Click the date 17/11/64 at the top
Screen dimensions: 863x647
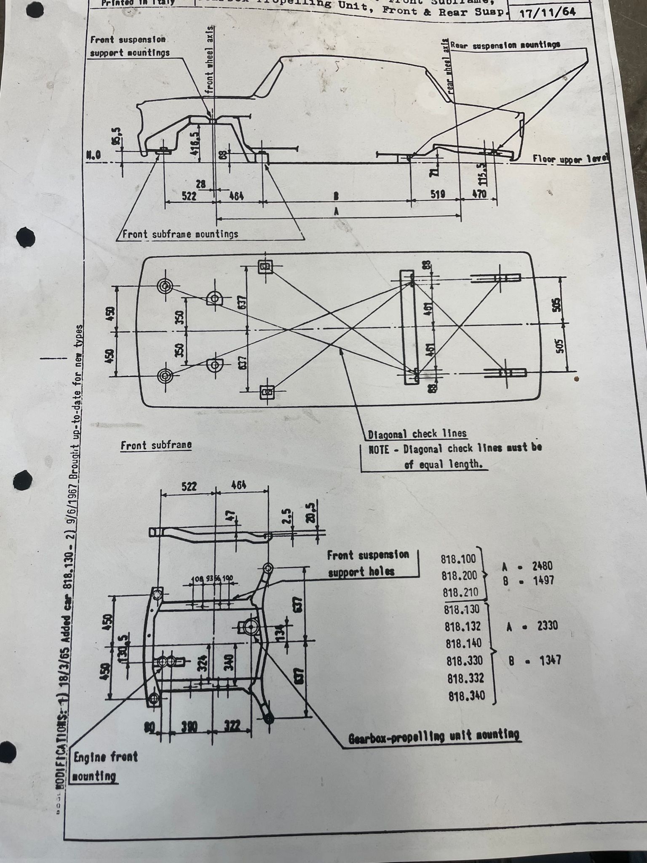point(548,12)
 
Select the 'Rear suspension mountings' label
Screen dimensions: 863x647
point(505,45)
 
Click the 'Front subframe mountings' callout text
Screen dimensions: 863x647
point(180,234)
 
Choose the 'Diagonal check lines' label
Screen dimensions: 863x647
point(417,434)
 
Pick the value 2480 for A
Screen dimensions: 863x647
point(542,566)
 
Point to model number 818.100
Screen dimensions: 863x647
point(458,559)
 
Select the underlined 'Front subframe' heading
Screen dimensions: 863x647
point(156,445)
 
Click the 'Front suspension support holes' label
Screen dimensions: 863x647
point(368,563)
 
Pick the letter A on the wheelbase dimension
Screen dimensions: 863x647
point(336,212)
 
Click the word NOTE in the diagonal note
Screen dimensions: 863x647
point(379,449)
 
